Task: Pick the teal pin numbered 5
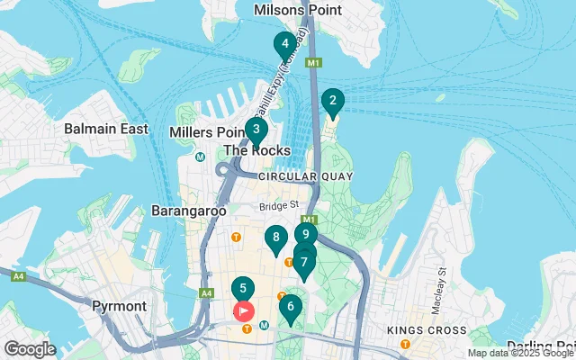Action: coord(242,290)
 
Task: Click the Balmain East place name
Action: coord(106,129)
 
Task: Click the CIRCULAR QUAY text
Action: coord(305,176)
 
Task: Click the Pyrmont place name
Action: coord(119,306)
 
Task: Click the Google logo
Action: coord(30,349)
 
